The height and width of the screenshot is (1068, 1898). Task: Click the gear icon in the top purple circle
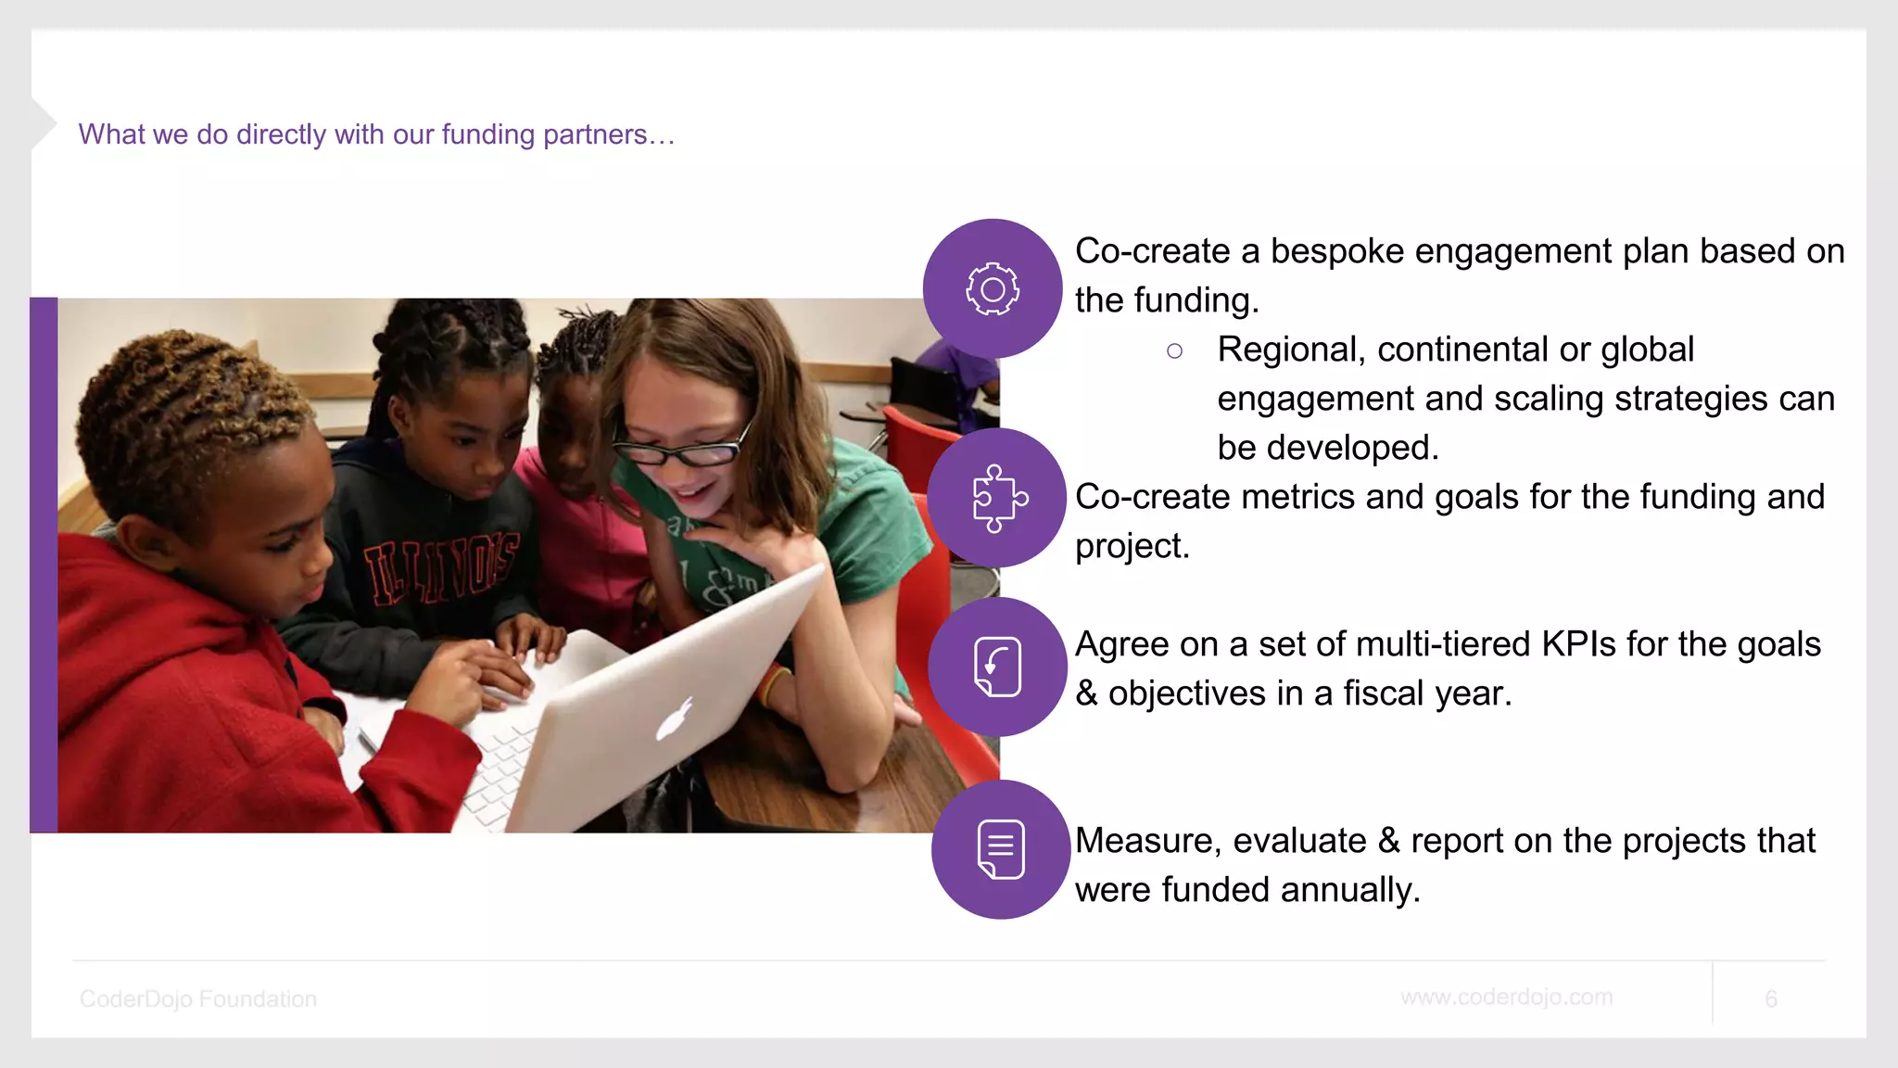click(x=993, y=289)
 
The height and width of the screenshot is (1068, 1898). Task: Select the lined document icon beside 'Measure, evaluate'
click(x=1001, y=849)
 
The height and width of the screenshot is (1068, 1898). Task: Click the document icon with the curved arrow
click(x=997, y=667)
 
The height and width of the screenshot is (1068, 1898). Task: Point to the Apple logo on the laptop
click(x=674, y=719)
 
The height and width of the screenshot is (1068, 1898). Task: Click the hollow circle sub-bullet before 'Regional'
click(x=1174, y=350)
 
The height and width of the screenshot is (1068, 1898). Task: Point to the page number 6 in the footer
click(x=1770, y=998)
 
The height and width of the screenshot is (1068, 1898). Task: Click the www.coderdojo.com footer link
click(x=1506, y=998)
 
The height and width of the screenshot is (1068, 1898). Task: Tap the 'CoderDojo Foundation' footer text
click(x=198, y=998)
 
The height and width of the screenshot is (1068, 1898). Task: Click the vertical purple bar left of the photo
click(x=44, y=565)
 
